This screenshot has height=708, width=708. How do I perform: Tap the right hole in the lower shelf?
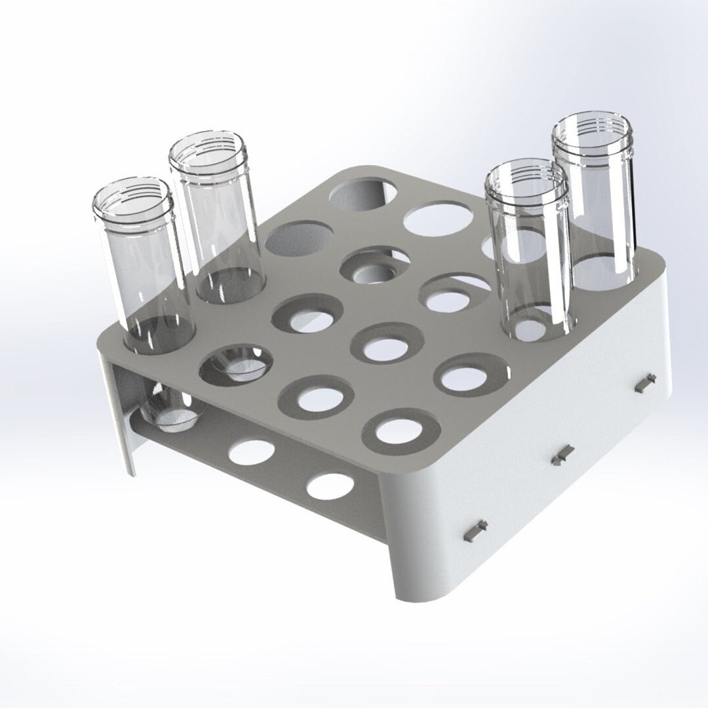click(330, 485)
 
